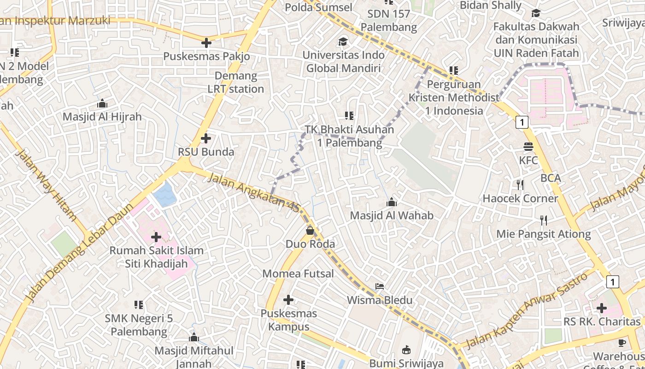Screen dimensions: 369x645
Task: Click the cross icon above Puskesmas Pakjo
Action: (206, 43)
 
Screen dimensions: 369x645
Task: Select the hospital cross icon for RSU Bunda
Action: (206, 138)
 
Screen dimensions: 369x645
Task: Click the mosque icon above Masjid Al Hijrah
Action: (102, 103)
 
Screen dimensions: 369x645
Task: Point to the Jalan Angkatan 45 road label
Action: (253, 192)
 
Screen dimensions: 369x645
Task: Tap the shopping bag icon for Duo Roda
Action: (310, 230)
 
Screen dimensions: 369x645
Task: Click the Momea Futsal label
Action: (298, 274)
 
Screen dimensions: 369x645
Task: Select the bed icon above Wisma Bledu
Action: (380, 286)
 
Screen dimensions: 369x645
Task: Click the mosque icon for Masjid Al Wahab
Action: (392, 202)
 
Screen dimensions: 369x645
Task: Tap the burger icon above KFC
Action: (528, 147)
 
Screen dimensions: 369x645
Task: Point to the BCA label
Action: (551, 178)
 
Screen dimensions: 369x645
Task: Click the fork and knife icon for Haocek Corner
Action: (520, 185)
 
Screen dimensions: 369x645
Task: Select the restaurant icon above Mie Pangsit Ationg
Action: (544, 220)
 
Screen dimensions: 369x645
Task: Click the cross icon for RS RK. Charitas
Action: (602, 308)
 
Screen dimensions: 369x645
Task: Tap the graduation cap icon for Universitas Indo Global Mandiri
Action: (343, 42)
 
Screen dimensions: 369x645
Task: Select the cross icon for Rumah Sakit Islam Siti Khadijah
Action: (156, 237)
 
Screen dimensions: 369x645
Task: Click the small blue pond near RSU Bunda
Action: (164, 194)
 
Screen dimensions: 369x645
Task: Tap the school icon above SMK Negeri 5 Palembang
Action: (138, 304)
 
